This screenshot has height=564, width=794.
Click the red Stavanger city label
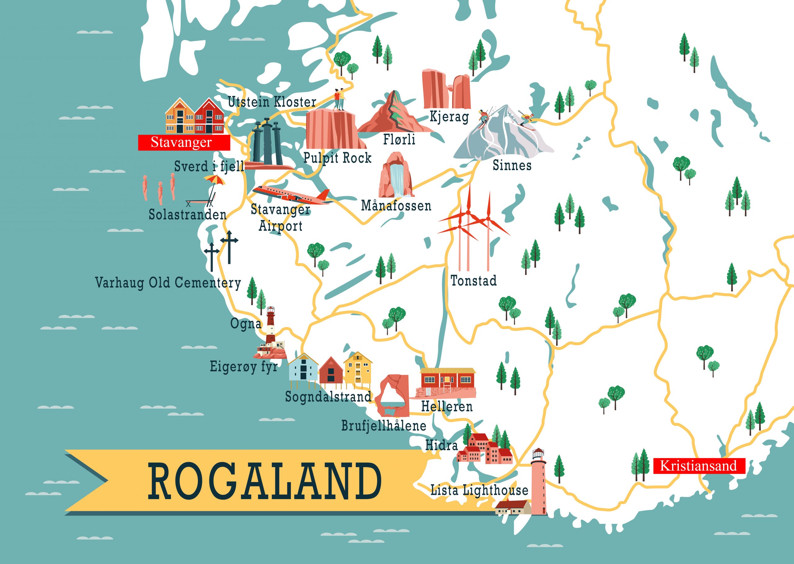pos(184,142)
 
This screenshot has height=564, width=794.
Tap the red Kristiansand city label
pos(698,466)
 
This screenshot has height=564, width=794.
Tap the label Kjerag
pos(449,117)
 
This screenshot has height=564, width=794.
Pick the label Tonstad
pos(473,281)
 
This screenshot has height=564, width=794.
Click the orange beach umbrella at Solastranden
pos(214,180)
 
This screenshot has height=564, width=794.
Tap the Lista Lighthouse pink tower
pos(538,483)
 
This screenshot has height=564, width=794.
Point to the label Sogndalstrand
pos(328,397)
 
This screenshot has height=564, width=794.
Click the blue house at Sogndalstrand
pos(303,369)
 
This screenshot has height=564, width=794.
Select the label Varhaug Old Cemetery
pos(168,282)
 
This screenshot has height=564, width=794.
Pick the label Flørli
pos(399,140)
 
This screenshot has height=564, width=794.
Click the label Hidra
pos(441,445)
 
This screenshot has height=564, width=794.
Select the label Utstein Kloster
pos(272,102)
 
